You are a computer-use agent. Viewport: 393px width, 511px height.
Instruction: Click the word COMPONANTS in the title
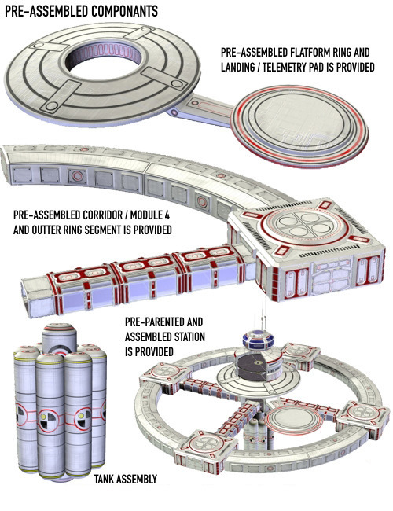pyautogui.click(x=124, y=12)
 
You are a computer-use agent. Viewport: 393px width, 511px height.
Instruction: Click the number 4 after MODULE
pyautogui.click(x=167, y=215)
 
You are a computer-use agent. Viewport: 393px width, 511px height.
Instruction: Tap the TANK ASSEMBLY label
pyautogui.click(x=126, y=479)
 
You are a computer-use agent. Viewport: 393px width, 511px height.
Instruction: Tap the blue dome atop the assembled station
pyautogui.click(x=258, y=339)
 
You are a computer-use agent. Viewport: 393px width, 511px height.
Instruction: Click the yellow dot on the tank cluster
pyautogui.click(x=42, y=417)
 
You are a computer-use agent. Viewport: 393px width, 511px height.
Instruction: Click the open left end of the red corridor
pyautogui.click(x=28, y=296)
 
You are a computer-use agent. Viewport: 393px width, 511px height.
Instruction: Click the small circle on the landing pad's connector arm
pyautogui.click(x=174, y=112)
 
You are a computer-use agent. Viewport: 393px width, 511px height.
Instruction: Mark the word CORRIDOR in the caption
pyautogui.click(x=101, y=215)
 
